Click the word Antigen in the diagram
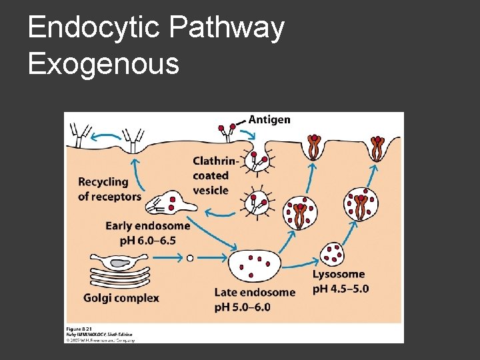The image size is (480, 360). click(269, 120)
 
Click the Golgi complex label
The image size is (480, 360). click(121, 298)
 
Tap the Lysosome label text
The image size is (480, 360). click(339, 274)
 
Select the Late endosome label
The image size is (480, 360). click(255, 292)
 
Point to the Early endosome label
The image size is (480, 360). click(148, 226)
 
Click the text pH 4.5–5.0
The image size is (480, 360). click(341, 289)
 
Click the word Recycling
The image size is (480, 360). click(103, 182)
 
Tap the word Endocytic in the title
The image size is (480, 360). click(93, 29)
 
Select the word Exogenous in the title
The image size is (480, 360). click(103, 64)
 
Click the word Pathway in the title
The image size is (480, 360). click(227, 29)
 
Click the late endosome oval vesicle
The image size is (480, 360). click(254, 267)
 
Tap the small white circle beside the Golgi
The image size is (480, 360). click(190, 257)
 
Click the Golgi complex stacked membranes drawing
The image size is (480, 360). click(120, 270)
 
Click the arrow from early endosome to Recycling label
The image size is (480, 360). click(137, 178)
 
